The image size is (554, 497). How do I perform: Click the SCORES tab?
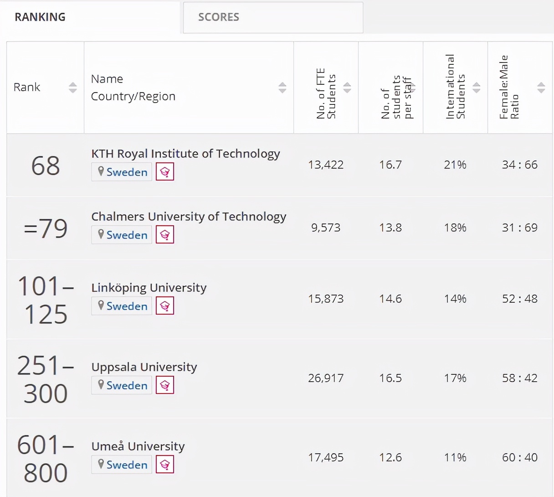click(x=219, y=17)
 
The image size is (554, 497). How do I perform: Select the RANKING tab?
click(x=40, y=17)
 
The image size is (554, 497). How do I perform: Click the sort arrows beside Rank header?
click(x=73, y=88)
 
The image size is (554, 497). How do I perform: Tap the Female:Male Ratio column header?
click(x=509, y=87)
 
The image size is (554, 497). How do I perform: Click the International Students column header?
click(x=455, y=87)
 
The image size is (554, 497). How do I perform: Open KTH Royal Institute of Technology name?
click(x=185, y=154)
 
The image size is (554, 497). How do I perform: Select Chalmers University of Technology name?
click(x=189, y=217)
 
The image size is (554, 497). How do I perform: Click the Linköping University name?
click(x=149, y=288)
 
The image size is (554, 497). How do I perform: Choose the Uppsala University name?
click(x=144, y=367)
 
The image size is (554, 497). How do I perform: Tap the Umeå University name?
click(x=138, y=446)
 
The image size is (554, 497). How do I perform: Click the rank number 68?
click(x=46, y=166)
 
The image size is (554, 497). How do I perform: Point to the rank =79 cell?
click(x=46, y=228)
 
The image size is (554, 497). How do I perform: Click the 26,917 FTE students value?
click(x=326, y=378)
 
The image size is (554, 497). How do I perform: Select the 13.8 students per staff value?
click(x=390, y=228)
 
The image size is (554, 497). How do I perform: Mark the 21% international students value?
click(x=455, y=165)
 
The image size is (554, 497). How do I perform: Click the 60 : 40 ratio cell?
click(x=520, y=457)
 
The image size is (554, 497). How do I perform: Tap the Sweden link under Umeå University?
click(x=127, y=465)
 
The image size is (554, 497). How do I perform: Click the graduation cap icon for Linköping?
click(x=165, y=306)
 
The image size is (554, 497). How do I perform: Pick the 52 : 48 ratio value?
click(x=520, y=299)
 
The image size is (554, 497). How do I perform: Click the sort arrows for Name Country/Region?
click(x=282, y=88)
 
